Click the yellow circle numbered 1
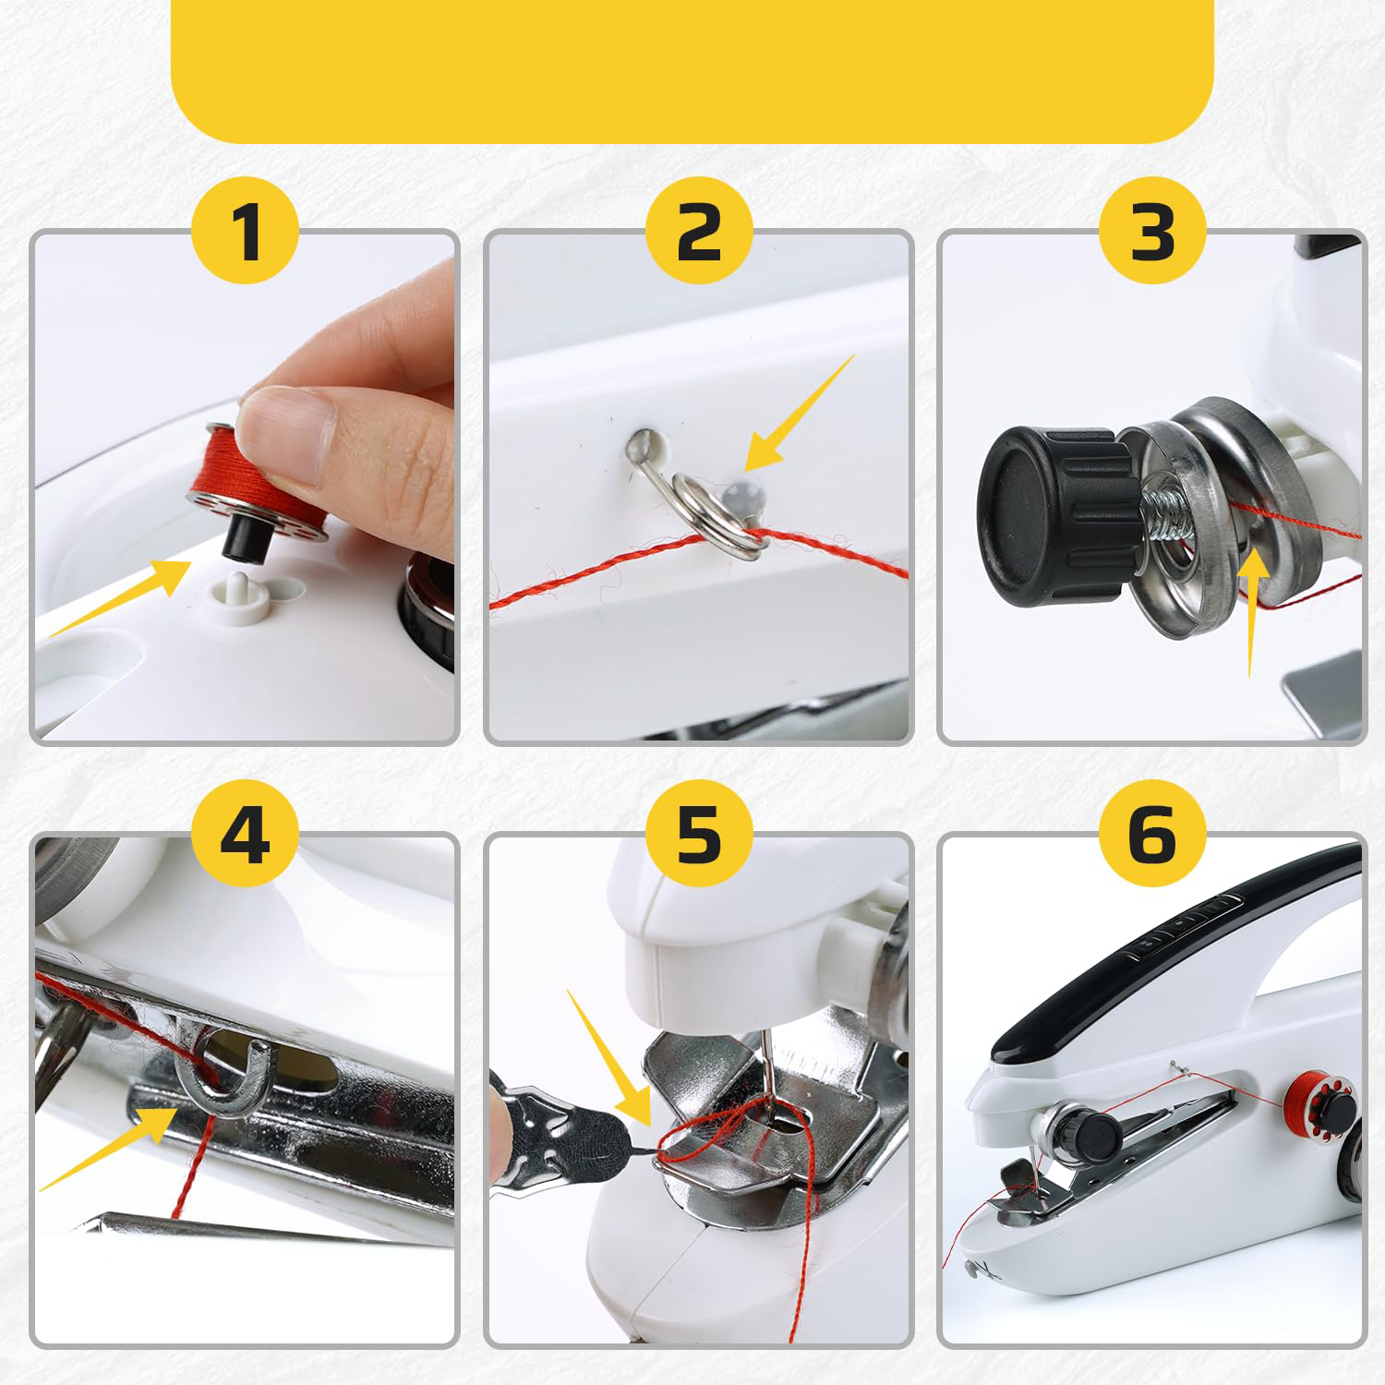tap(246, 233)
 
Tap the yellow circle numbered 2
tap(699, 233)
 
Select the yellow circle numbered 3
tap(1152, 233)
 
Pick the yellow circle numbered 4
tap(246, 836)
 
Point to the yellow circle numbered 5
tap(699, 836)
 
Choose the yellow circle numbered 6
tap(1152, 836)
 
